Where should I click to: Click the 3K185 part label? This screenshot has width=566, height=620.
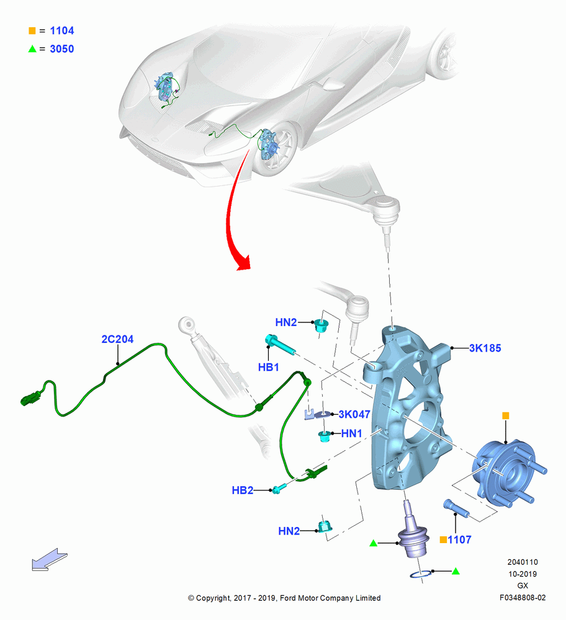click(485, 348)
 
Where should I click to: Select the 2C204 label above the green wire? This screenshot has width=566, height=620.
click(117, 339)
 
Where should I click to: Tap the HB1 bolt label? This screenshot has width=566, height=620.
click(268, 367)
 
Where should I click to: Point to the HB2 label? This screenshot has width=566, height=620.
click(242, 490)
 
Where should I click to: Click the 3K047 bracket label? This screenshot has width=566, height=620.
click(354, 414)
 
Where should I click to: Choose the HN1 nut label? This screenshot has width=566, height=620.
click(351, 433)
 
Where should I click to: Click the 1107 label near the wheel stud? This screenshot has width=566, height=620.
click(459, 540)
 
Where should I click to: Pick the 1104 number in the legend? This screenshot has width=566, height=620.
click(61, 30)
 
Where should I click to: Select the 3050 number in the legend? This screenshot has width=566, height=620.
click(61, 48)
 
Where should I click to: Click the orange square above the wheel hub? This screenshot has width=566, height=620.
click(505, 415)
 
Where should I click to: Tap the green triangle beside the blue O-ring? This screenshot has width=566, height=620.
click(456, 571)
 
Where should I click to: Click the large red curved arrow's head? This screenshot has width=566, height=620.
click(242, 263)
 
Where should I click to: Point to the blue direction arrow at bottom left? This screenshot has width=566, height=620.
click(50, 559)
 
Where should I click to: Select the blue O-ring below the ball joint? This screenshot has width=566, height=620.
click(420, 574)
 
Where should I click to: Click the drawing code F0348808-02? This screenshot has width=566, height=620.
click(523, 598)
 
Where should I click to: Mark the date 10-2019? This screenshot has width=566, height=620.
click(523, 573)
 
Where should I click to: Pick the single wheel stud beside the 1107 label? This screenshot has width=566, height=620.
click(456, 508)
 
